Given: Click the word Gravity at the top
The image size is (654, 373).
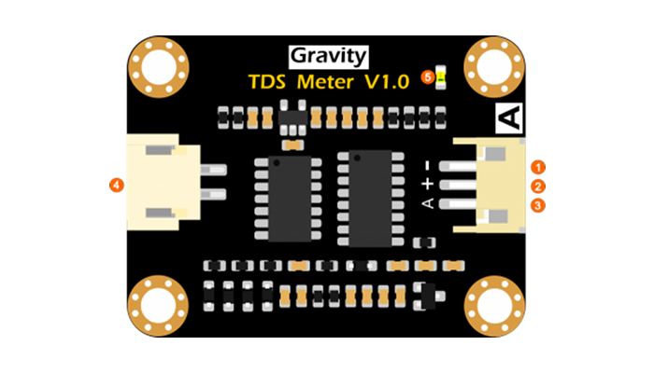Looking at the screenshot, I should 327,55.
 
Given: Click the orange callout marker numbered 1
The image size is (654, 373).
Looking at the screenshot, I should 538,167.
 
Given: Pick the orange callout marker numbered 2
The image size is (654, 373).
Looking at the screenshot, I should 538,186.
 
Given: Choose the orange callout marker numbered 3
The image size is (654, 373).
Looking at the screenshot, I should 538,204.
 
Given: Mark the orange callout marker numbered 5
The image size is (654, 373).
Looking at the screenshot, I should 428,77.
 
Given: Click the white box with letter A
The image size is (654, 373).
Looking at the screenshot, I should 510,119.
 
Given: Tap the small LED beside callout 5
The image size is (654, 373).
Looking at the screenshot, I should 441,76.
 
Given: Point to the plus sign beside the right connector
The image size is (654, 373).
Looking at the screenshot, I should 428,186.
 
